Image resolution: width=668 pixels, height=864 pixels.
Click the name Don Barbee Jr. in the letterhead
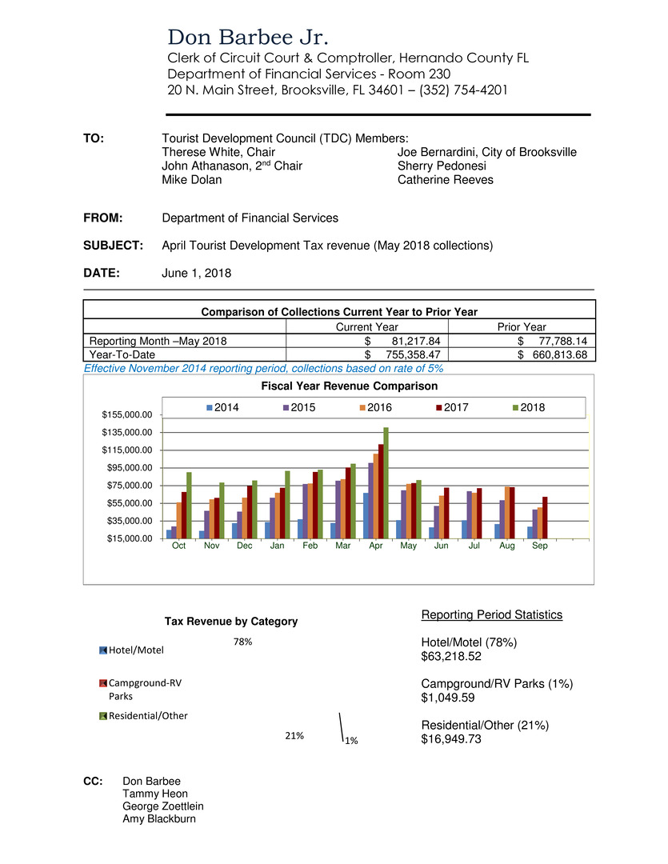248,38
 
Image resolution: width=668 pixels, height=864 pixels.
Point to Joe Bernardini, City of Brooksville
486,152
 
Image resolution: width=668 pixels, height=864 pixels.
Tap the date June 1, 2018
196,273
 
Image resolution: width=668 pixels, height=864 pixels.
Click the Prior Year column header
522,326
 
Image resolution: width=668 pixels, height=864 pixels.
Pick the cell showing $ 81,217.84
401,341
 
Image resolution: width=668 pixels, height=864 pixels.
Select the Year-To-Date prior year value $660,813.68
553,354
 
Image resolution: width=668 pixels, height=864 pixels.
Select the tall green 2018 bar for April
386,482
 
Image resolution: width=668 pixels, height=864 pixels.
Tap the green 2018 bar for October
189,505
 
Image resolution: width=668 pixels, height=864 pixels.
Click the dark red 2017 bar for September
545,518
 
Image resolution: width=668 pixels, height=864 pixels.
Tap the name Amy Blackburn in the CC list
159,818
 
